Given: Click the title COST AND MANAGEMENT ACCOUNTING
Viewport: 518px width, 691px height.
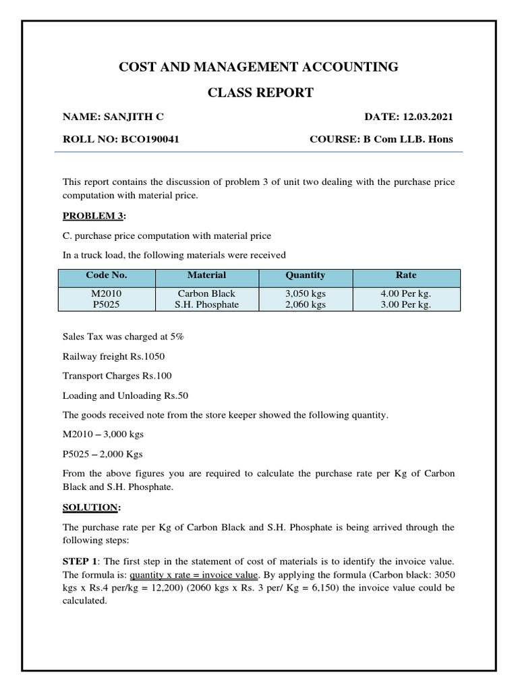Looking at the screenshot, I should coord(258,67).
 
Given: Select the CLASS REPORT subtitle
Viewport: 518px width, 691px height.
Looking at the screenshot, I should coord(260,93).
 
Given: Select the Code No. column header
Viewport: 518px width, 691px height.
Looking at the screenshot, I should coord(107,275).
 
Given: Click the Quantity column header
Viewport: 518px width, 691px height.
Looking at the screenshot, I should coord(305,275).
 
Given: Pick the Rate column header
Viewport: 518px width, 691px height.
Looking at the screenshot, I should coord(406,275).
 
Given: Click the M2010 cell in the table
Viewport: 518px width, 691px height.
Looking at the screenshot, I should coord(107,294).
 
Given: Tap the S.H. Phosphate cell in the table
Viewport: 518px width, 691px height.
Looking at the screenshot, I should coord(206,304).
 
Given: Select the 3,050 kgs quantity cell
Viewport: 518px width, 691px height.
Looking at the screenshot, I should coord(305,294).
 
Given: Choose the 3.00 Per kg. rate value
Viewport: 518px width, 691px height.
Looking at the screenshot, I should coord(406,304).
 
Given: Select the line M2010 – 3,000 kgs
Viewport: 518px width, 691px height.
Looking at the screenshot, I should coord(103,434).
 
